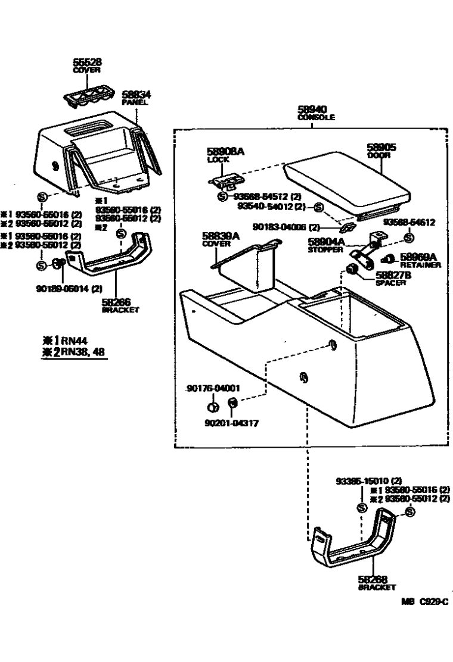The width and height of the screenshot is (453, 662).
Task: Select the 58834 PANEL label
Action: pos(136,97)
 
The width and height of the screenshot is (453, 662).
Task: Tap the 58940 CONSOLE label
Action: pos(315,113)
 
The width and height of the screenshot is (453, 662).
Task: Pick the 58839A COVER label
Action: pos(220,239)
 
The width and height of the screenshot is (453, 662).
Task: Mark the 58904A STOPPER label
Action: pos(325,245)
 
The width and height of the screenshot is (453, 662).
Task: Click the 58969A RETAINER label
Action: pos(420,260)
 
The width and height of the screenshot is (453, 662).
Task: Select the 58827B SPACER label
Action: pos(391,278)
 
